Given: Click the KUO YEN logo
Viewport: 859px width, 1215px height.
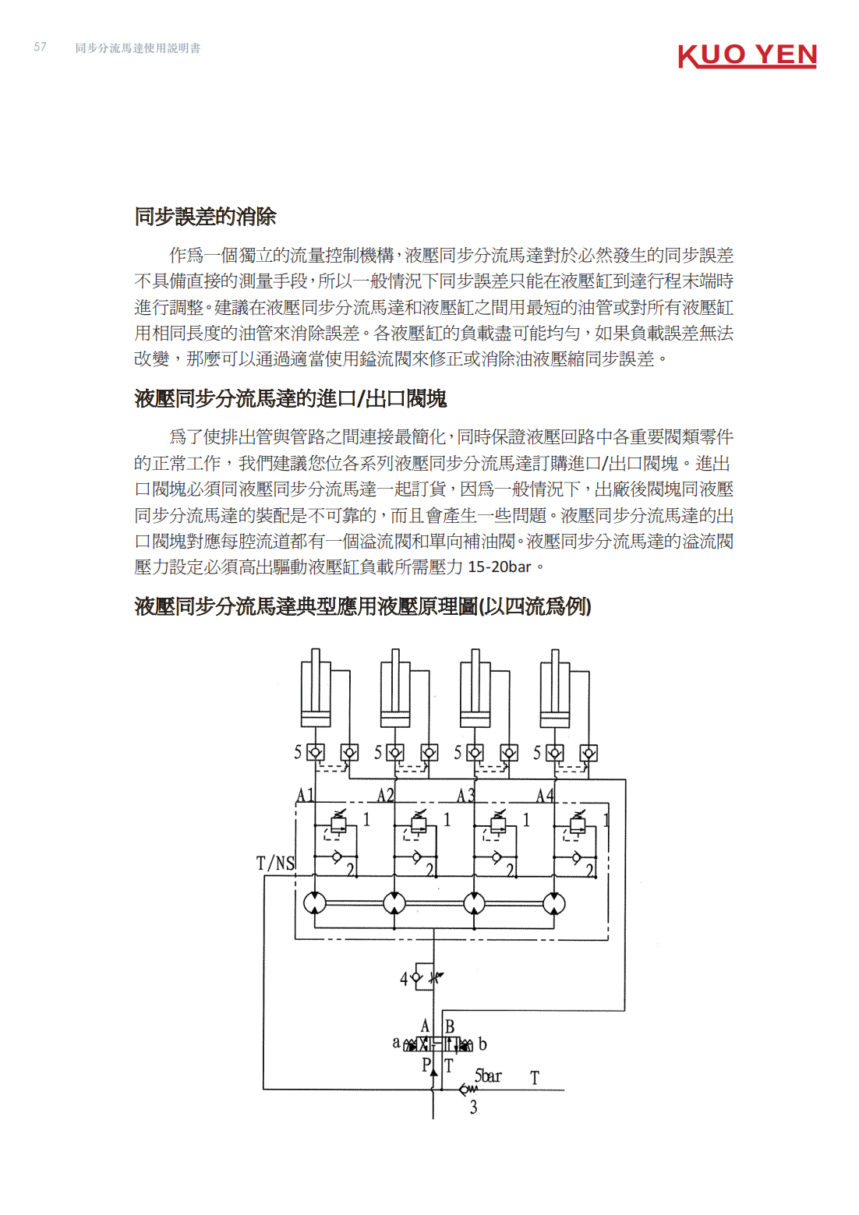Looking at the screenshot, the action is [x=748, y=56].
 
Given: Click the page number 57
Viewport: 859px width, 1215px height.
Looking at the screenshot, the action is [x=40, y=47].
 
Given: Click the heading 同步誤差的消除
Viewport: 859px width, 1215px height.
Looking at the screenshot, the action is [x=205, y=217].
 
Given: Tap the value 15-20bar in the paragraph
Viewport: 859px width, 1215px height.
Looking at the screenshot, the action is [x=499, y=567].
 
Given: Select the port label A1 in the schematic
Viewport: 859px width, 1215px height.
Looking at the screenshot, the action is [x=305, y=795].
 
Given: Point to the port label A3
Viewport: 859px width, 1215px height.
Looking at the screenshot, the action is [x=465, y=795].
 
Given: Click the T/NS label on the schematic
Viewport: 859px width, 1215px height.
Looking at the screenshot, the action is [x=275, y=863].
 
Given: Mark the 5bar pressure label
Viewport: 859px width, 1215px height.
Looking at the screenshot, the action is [x=488, y=1075].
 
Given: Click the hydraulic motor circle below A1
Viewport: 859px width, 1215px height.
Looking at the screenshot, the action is [x=315, y=903].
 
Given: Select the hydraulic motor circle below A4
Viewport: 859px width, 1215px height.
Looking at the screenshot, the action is [x=553, y=904].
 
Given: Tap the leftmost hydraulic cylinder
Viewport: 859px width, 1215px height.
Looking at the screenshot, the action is [x=316, y=688].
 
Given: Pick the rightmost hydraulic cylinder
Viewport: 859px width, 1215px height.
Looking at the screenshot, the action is [x=554, y=688].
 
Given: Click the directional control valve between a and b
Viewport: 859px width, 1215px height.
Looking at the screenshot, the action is [x=438, y=1044].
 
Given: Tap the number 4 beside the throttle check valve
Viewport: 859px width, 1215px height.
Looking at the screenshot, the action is [x=404, y=979].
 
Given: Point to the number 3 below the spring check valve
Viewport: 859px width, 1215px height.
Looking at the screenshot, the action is [x=473, y=1107].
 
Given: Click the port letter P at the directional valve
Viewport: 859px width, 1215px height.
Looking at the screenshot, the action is [x=426, y=1065].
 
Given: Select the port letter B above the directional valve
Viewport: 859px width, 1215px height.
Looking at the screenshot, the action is [x=449, y=1026].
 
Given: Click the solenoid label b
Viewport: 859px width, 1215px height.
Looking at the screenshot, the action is [x=483, y=1044].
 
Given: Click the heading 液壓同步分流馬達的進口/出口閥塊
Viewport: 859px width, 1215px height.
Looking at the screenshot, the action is [x=290, y=399].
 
